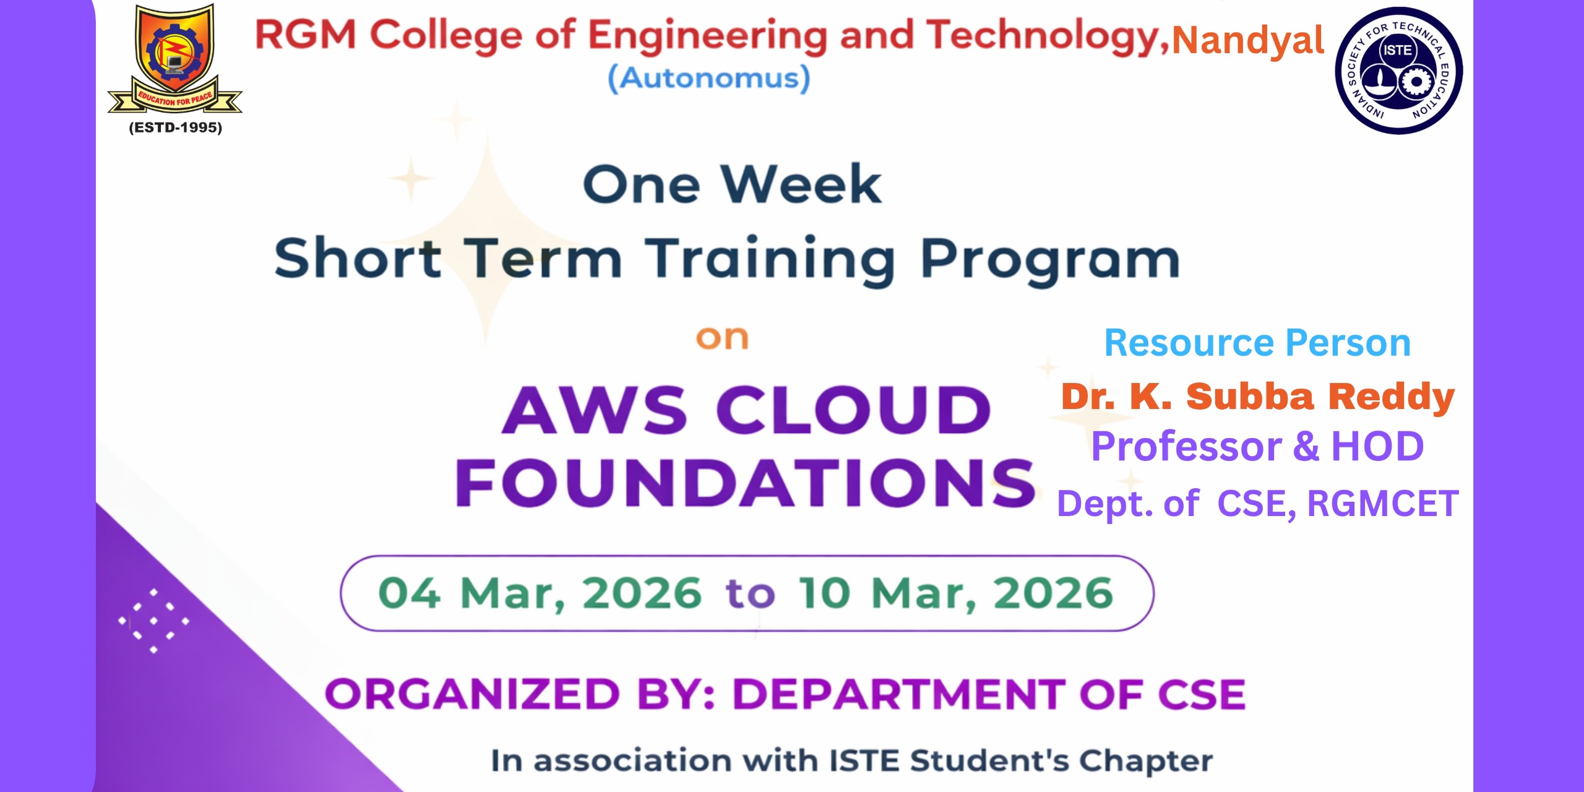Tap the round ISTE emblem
point(1399,71)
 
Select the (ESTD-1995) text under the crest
point(175,127)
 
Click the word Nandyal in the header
point(1248,41)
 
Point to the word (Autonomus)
point(709,79)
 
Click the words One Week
point(732,184)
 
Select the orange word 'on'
point(722,338)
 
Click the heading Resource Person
point(1257,343)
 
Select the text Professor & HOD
point(1257,446)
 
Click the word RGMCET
point(1383,503)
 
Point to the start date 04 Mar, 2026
point(540,593)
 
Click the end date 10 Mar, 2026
point(956,593)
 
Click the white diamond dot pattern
point(153,621)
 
